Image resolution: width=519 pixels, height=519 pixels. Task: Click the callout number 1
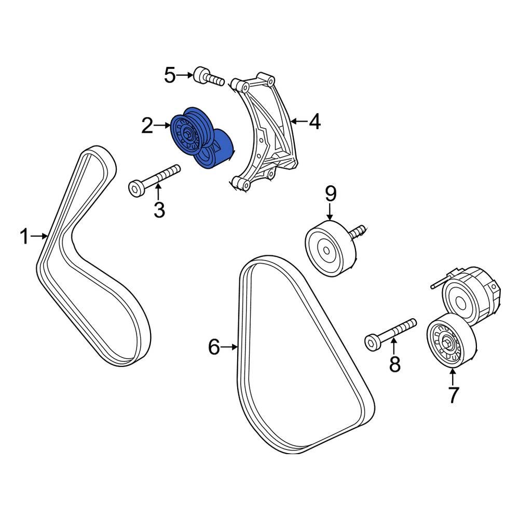23,237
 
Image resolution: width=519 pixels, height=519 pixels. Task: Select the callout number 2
147,125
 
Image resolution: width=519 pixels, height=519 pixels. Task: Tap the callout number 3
159,210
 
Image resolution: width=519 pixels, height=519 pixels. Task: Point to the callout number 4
315,122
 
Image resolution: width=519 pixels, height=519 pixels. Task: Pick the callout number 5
170,76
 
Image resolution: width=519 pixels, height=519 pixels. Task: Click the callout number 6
214,347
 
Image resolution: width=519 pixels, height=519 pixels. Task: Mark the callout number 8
395,364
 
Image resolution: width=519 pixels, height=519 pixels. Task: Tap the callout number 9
331,194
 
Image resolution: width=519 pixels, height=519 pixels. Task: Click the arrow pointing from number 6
229,347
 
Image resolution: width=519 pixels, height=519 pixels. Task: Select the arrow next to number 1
39,237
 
